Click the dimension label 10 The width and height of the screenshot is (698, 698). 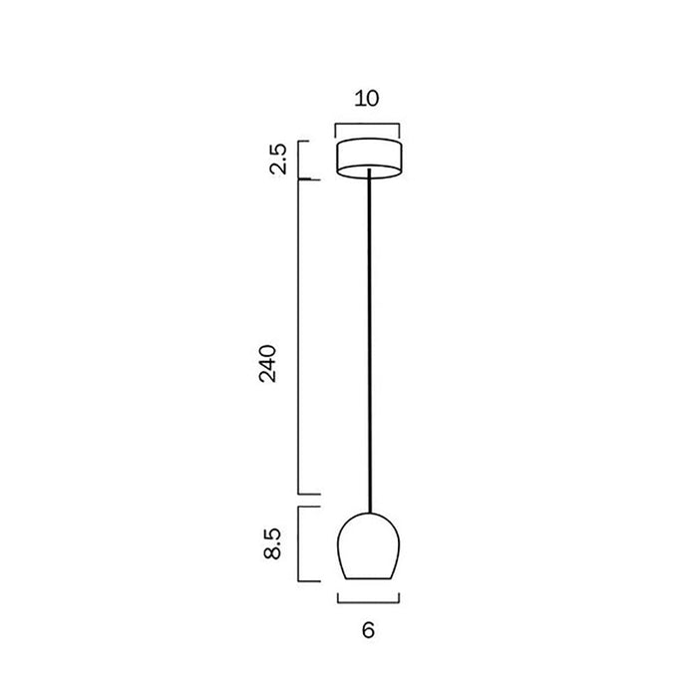(x=367, y=99)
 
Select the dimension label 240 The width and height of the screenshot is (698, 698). (x=268, y=363)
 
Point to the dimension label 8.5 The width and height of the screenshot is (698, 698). (x=272, y=543)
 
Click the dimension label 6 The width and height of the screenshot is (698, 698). (x=368, y=630)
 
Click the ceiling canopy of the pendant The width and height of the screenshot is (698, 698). (x=370, y=160)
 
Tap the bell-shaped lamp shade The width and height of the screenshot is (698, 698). (x=369, y=546)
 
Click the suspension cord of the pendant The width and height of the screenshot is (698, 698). (x=370, y=341)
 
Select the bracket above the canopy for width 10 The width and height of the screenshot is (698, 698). (x=367, y=125)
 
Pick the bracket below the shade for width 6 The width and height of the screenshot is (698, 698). (x=368, y=602)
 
